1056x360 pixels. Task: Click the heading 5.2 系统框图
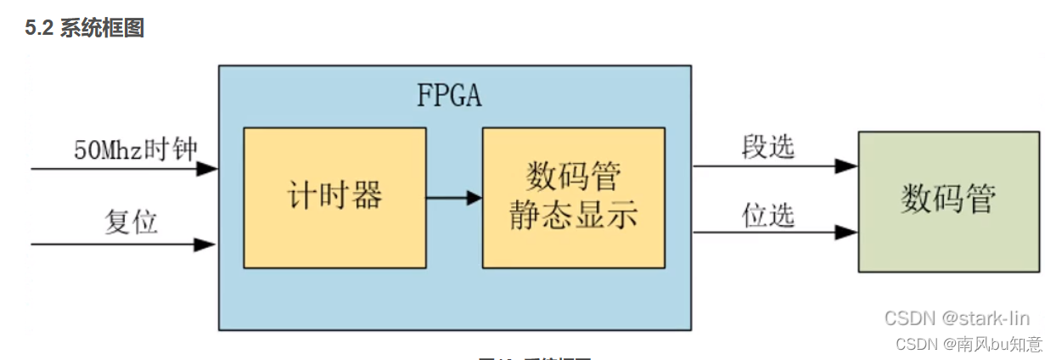85,28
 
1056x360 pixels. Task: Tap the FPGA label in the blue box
448,95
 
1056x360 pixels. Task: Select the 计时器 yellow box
334,197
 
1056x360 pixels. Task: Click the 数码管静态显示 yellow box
573,197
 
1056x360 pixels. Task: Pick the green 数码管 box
948,201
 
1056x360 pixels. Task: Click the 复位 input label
131,222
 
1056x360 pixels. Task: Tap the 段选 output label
768,147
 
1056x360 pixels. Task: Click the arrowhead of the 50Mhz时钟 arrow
207,169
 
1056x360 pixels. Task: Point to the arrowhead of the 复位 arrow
205,245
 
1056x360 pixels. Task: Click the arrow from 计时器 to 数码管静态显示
453,199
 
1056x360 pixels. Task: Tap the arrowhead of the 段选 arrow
846,166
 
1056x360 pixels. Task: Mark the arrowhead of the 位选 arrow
846,231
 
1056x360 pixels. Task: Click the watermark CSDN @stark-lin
957,318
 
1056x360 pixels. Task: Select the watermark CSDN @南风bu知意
969,344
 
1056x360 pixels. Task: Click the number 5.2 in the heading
39,28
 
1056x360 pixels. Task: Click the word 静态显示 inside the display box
573,217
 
